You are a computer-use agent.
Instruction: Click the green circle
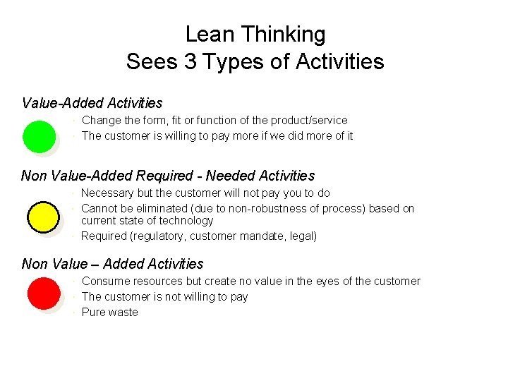[39, 136]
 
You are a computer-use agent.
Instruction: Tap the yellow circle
[43, 217]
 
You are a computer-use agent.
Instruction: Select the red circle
[43, 294]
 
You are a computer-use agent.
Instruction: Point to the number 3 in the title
[190, 61]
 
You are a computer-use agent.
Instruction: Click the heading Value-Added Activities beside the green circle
[92, 103]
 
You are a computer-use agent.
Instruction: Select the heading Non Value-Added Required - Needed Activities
[168, 176]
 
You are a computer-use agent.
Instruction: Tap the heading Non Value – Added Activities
[113, 264]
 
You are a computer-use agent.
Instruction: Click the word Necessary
[107, 193]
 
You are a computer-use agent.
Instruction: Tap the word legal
[302, 236]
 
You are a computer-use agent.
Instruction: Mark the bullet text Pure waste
[110, 312]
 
